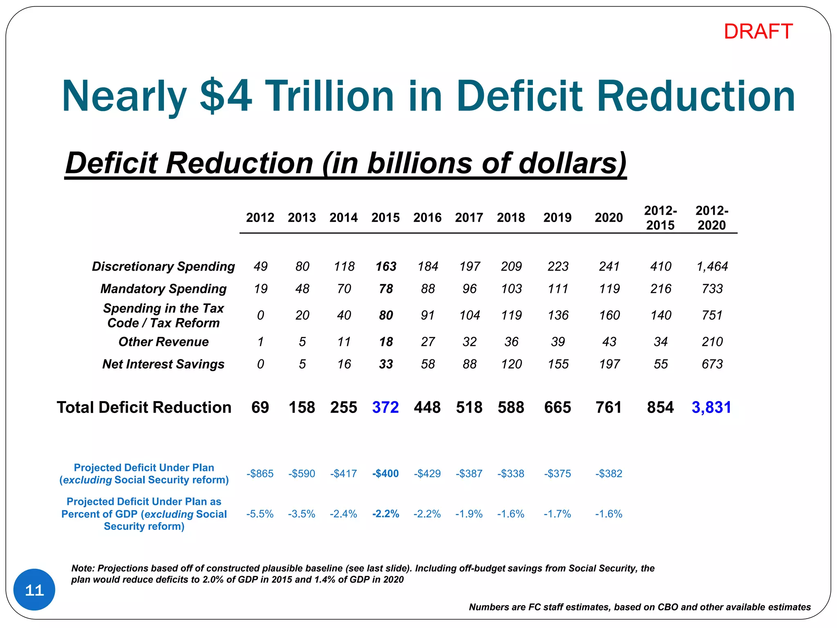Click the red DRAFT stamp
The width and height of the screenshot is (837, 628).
pyautogui.click(x=758, y=31)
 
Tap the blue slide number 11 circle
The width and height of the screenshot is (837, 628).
pyautogui.click(x=34, y=590)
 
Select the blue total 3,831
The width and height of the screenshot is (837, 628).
pyautogui.click(x=711, y=407)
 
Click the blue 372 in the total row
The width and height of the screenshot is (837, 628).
pyautogui.click(x=385, y=407)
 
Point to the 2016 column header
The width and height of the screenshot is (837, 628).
pyautogui.click(x=427, y=218)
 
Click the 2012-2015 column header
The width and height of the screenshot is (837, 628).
pyautogui.click(x=660, y=218)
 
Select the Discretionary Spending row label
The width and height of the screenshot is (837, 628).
pyautogui.click(x=163, y=266)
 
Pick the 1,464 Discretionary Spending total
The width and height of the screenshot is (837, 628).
pyautogui.click(x=712, y=266)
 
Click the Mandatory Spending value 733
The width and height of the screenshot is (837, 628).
pyautogui.click(x=712, y=289)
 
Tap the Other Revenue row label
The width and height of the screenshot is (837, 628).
pyautogui.click(x=163, y=341)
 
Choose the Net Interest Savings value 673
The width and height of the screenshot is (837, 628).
pyautogui.click(x=712, y=364)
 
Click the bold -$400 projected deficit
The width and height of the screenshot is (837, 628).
pyautogui.click(x=385, y=473)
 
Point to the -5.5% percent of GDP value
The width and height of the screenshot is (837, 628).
pyautogui.click(x=260, y=514)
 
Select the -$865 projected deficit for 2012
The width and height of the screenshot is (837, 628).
pyautogui.click(x=260, y=473)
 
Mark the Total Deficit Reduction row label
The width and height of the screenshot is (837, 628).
pyautogui.click(x=144, y=407)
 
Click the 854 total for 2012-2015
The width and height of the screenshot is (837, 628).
pyautogui.click(x=660, y=407)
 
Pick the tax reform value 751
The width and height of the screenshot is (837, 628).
pyautogui.click(x=712, y=315)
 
